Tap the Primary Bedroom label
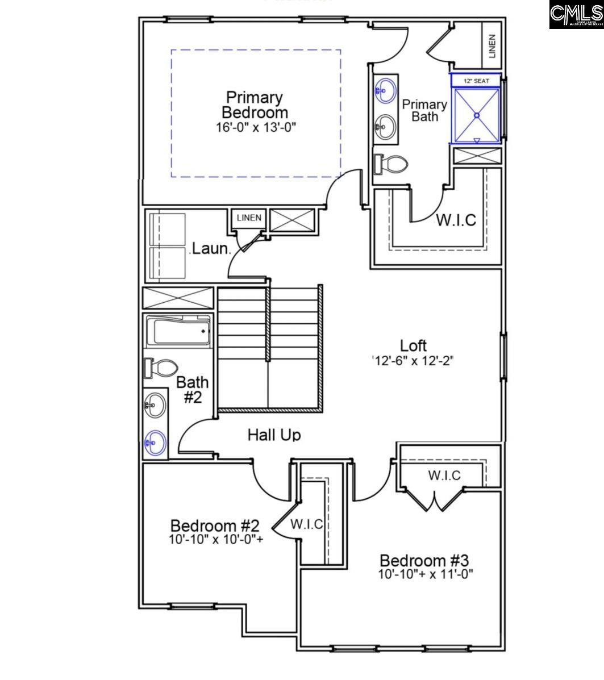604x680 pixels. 255,105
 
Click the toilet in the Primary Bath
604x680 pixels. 391,165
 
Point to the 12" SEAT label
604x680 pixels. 476,81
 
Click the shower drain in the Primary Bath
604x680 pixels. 477,115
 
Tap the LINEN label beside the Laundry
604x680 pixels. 249,218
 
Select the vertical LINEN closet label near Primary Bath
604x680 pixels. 491,45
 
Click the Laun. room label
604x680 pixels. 210,248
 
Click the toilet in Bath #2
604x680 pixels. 161,368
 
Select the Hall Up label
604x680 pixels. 274,435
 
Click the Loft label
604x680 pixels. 413,345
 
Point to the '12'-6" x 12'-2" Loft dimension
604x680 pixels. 413,361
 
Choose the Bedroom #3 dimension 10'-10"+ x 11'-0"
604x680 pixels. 426,574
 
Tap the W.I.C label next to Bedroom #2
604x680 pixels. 307,524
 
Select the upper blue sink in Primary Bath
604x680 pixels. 386,89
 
